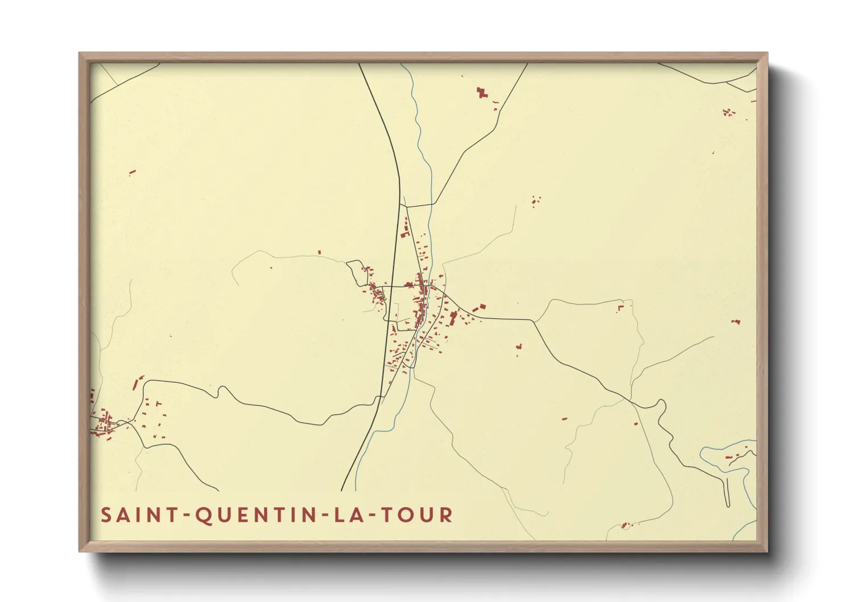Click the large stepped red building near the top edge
482,92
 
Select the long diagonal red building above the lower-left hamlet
136,384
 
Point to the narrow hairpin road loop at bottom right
728,492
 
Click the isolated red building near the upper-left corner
133,171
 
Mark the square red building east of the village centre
482,307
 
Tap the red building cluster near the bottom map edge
625,525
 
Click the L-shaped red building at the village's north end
406,233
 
